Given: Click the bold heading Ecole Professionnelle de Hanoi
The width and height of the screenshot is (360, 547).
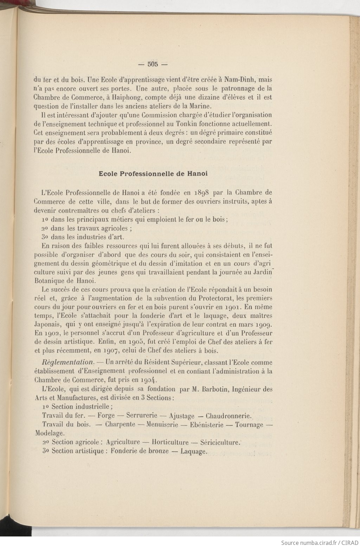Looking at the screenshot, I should pos(153,174).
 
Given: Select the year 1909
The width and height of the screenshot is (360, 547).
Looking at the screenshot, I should pos(263,325).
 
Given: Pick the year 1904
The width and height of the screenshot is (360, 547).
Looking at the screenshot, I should pos(149,380).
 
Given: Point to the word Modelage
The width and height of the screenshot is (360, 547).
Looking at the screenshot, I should pos(50,434).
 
